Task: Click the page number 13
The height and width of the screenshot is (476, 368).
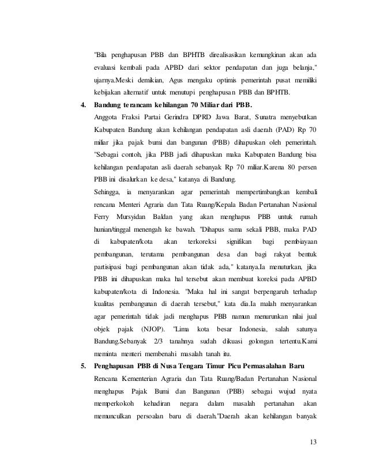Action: click(x=313, y=442)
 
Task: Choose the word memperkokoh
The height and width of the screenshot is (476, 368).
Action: click(x=114, y=404)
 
